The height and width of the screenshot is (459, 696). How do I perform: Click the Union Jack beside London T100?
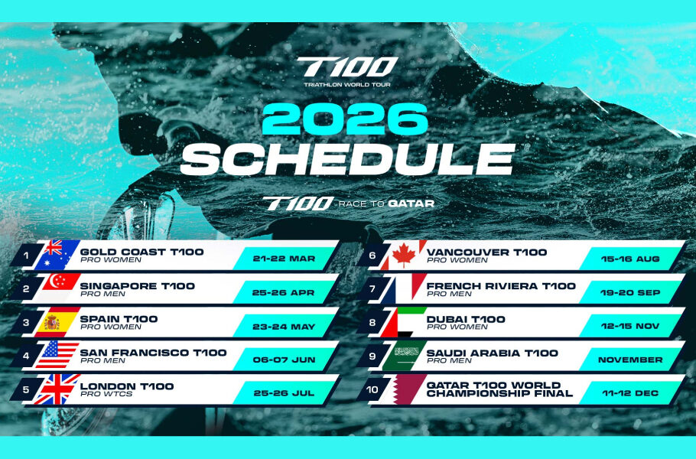click(x=55, y=389)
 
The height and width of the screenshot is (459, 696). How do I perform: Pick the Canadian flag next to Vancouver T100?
click(x=404, y=255)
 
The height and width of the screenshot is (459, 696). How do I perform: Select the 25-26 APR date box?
click(x=285, y=291)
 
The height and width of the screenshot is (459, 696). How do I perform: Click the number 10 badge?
click(x=372, y=389)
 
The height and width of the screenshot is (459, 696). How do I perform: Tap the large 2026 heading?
click(x=347, y=119)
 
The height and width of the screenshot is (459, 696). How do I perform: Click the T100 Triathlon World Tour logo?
click(x=347, y=70)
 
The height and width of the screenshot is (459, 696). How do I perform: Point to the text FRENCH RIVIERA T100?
click(x=501, y=285)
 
